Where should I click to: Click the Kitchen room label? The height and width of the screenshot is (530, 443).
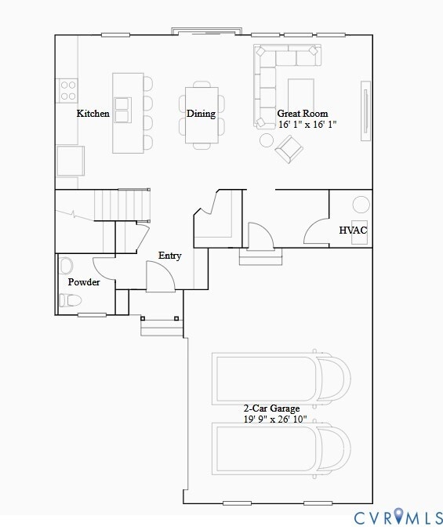pos(93,114)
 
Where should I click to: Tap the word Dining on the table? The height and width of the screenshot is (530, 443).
pos(201,114)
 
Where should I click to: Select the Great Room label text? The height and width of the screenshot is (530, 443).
pos(303,114)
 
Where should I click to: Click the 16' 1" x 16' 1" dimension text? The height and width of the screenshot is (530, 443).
pos(307,125)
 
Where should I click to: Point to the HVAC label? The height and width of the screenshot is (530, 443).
pos(353,231)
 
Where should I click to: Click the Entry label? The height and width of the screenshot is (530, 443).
pos(169,256)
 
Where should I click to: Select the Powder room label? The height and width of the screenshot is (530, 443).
pos(84,282)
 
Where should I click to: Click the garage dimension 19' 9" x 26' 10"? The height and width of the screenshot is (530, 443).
pos(274,419)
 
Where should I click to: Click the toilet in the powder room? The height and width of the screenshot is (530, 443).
pos(70,300)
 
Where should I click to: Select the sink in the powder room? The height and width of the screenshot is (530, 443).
pos(66,264)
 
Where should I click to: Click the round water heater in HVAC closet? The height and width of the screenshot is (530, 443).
pos(360,205)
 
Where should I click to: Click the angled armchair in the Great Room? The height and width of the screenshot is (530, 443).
pos(289,148)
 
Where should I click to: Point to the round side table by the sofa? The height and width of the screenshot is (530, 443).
pos(267,140)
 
